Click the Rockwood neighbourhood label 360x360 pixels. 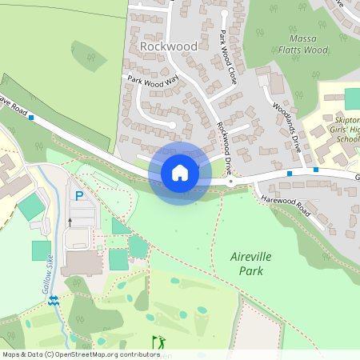[x=168, y=46]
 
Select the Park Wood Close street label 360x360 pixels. [x=228, y=58]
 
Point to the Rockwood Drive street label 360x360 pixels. [x=228, y=148]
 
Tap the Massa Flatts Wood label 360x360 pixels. [x=302, y=44]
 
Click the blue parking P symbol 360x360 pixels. [x=78, y=195]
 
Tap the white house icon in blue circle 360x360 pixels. [x=179, y=172]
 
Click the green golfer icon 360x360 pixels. [x=158, y=342]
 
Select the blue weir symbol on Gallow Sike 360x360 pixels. [x=54, y=300]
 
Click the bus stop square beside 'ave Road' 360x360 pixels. [x=31, y=118]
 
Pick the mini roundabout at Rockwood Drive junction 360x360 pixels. [x=230, y=182]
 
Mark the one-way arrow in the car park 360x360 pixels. [x=70, y=222]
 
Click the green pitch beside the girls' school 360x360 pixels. [x=353, y=98]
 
